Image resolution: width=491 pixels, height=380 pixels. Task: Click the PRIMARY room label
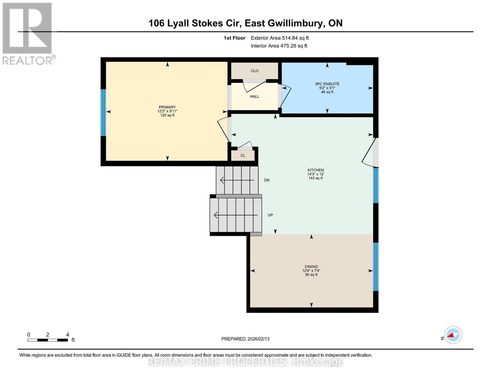(167, 107)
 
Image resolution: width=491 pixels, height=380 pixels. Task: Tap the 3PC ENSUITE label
(327, 84)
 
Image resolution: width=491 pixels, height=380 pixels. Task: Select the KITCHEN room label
(316, 170)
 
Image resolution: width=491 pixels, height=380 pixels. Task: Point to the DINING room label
(311, 267)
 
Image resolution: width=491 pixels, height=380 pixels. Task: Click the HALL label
(255, 97)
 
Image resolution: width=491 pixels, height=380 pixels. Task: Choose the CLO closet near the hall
(255, 71)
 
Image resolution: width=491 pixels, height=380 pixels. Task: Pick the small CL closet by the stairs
(243, 155)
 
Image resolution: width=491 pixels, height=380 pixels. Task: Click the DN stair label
(267, 180)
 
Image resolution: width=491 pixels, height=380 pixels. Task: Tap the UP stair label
(270, 215)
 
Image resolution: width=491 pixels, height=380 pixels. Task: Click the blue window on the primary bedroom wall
(103, 112)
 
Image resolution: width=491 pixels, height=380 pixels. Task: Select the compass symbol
(453, 335)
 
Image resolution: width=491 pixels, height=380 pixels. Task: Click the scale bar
(48, 340)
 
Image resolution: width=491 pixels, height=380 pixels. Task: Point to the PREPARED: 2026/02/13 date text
(245, 339)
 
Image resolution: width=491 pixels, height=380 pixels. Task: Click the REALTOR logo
(28, 33)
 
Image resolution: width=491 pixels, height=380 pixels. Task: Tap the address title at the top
(245, 23)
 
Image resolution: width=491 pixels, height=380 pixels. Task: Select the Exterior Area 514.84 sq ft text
(279, 38)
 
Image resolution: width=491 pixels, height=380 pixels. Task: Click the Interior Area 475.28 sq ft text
(279, 46)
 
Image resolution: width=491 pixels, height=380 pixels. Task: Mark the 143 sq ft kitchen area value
(316, 178)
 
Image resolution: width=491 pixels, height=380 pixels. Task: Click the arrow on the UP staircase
(236, 215)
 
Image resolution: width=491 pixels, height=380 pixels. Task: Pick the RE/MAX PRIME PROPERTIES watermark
(245, 362)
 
